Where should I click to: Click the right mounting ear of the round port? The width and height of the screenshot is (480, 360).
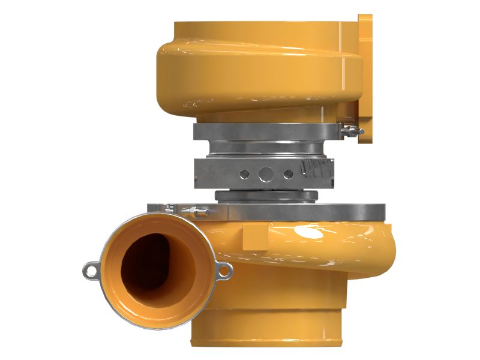[x=223, y=272]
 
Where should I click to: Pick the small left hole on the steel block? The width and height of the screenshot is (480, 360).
[x=244, y=174]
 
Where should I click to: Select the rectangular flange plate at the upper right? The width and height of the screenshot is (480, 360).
[x=365, y=78]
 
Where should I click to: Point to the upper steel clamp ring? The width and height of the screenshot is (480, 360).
[x=264, y=130]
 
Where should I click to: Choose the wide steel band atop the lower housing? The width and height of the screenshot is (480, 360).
[x=300, y=211]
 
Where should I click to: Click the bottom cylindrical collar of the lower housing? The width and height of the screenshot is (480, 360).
[x=270, y=336]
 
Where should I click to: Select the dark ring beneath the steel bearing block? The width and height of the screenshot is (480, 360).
[x=266, y=196]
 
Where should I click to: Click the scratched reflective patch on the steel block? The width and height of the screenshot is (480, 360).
[x=315, y=171]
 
